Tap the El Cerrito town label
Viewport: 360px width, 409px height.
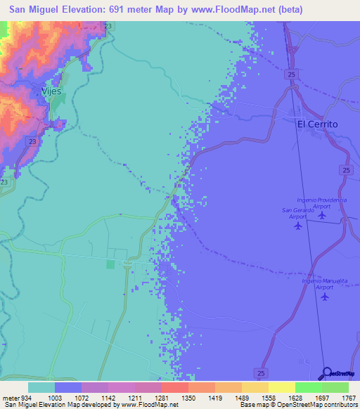coord(317,124)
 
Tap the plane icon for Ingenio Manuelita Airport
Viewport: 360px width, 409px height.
coord(324,296)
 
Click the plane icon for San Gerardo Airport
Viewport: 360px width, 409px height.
coord(298,226)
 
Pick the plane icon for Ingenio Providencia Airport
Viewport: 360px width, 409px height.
coord(322,214)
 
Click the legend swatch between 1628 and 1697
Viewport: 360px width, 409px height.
coord(308,387)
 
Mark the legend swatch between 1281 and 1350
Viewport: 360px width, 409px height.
coord(174,387)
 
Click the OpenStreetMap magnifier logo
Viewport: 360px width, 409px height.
coord(326,375)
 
